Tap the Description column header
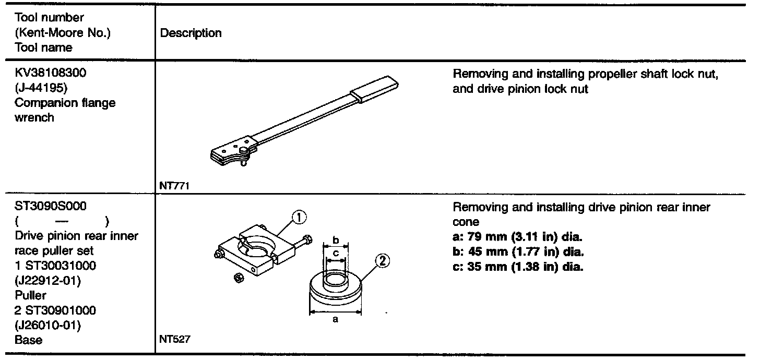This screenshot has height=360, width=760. [x=191, y=33]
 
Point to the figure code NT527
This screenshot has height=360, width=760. [x=174, y=340]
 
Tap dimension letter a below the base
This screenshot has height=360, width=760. [x=335, y=319]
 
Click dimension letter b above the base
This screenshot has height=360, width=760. [x=336, y=240]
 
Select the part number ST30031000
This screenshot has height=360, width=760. [x=59, y=266]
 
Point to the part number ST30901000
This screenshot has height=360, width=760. [x=59, y=310]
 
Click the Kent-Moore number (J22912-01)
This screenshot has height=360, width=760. [x=46, y=280]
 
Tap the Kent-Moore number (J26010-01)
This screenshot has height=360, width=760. [x=46, y=325]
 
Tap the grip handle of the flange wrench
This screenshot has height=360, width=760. [x=375, y=88]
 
